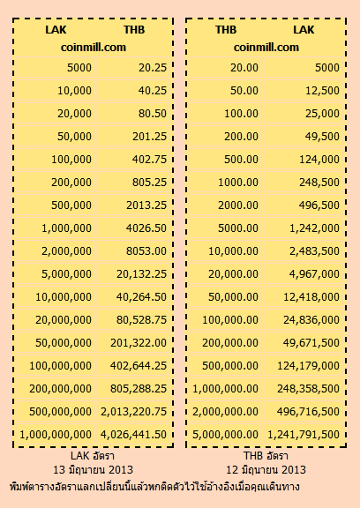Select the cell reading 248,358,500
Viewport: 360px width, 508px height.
point(304,388)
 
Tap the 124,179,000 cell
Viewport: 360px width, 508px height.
point(304,365)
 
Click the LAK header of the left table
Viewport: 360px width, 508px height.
point(56,30)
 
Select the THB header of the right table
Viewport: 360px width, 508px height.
point(226,30)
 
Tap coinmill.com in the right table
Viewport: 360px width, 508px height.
point(266,48)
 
